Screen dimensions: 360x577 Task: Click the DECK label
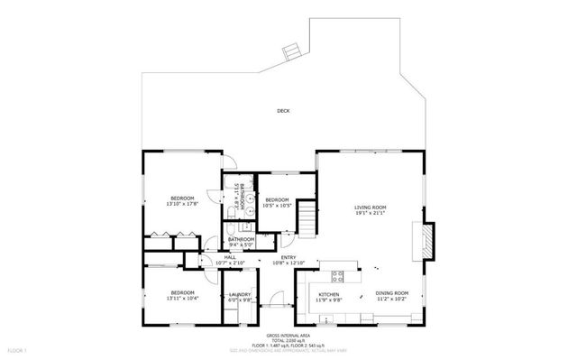283,112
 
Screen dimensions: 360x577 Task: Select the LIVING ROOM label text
370,208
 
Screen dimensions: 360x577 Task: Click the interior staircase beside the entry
309,217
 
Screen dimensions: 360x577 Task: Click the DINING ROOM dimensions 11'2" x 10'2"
392,300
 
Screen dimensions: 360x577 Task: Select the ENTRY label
288,257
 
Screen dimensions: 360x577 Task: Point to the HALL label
230,257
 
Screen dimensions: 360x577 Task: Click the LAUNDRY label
239,293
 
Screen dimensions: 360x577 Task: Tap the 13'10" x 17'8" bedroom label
182,204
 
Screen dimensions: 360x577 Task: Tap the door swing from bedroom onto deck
229,160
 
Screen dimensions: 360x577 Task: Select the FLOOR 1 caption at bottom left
19,348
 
